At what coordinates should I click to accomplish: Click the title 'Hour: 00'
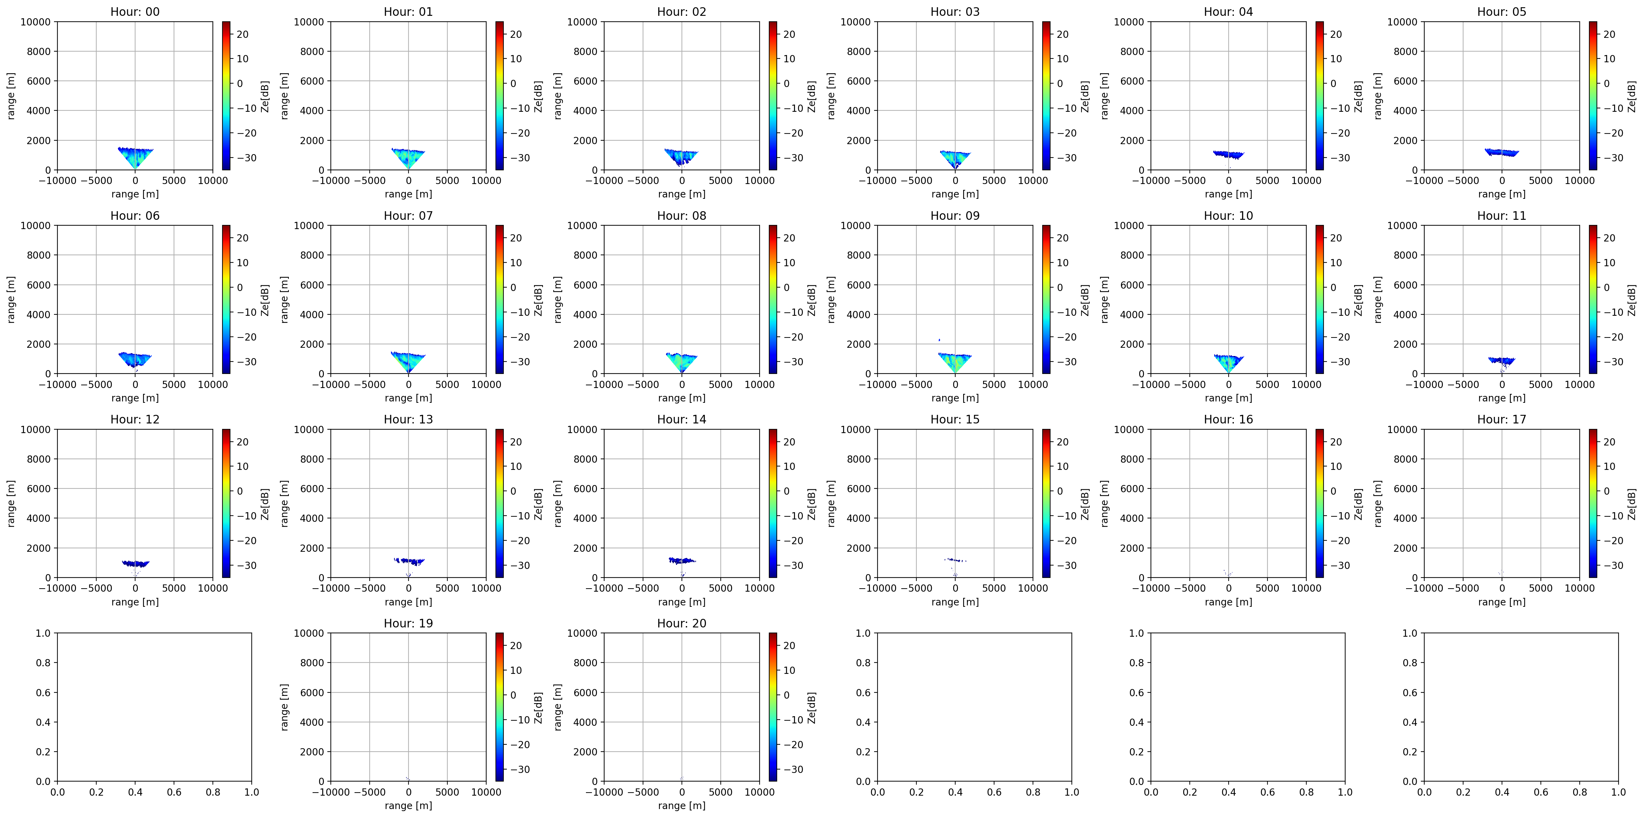(x=135, y=11)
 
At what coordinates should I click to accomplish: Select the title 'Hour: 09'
(x=955, y=216)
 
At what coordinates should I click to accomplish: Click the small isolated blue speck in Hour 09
(x=939, y=340)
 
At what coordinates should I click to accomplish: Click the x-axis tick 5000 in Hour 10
(x=1267, y=385)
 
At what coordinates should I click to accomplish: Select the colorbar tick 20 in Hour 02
(x=790, y=34)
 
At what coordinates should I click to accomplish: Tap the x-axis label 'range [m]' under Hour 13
(x=409, y=602)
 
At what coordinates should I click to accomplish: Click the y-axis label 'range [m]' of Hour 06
(x=11, y=300)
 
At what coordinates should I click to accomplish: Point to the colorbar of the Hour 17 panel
(x=1593, y=503)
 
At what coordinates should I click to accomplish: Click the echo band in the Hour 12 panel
(x=135, y=563)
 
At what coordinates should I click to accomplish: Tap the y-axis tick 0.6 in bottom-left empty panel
(x=43, y=692)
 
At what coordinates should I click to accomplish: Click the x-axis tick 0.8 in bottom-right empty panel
(x=1580, y=792)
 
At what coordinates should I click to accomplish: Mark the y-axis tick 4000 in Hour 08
(x=586, y=314)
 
